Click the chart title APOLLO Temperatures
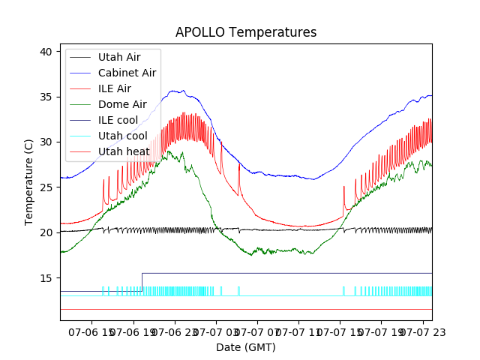[246, 32]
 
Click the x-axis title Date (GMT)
[246, 347]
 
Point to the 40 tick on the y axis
[46, 52]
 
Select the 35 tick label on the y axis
[46, 97]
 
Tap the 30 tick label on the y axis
[46, 142]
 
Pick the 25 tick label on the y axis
[46, 187]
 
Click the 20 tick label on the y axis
[46, 232]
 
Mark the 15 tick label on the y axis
[46, 278]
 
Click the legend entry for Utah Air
[118, 57]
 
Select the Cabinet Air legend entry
[127, 73]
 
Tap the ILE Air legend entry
[114, 88]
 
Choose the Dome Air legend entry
[122, 104]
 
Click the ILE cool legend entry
[118, 120]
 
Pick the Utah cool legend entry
[122, 136]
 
